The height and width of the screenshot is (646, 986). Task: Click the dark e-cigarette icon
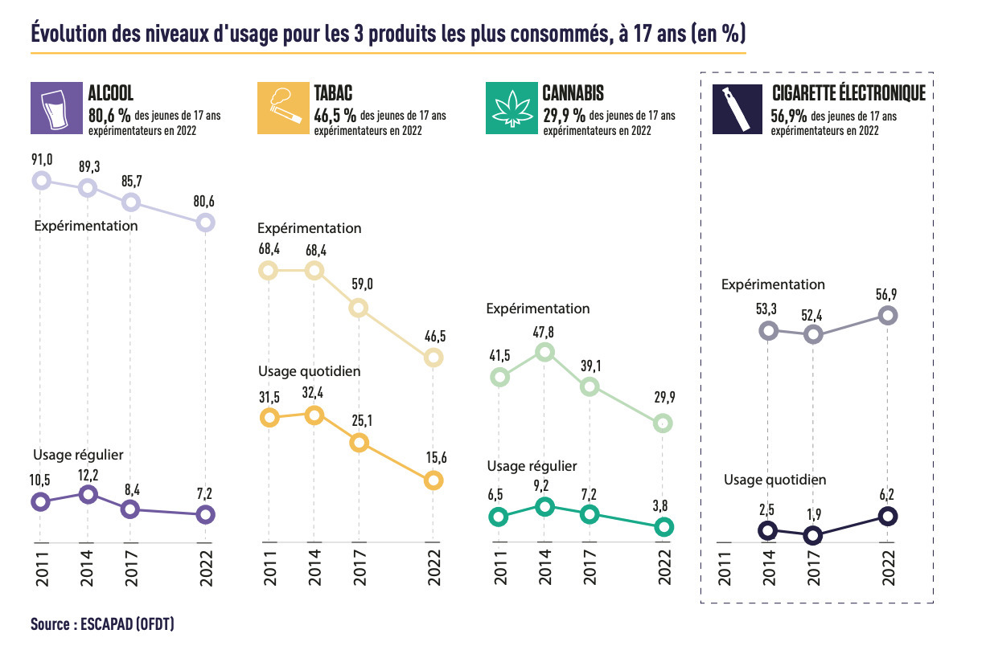(x=739, y=108)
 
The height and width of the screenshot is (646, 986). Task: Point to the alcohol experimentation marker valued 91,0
(x=41, y=180)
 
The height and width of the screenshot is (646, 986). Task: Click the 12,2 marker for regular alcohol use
(x=88, y=494)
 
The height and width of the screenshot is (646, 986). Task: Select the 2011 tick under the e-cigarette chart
(x=725, y=567)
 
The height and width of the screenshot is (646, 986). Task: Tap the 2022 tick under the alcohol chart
(x=206, y=567)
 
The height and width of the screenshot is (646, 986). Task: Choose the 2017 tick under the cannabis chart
(x=590, y=567)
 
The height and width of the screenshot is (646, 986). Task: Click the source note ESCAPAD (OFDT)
(x=102, y=624)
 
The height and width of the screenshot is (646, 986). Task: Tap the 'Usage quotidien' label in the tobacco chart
(x=309, y=371)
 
